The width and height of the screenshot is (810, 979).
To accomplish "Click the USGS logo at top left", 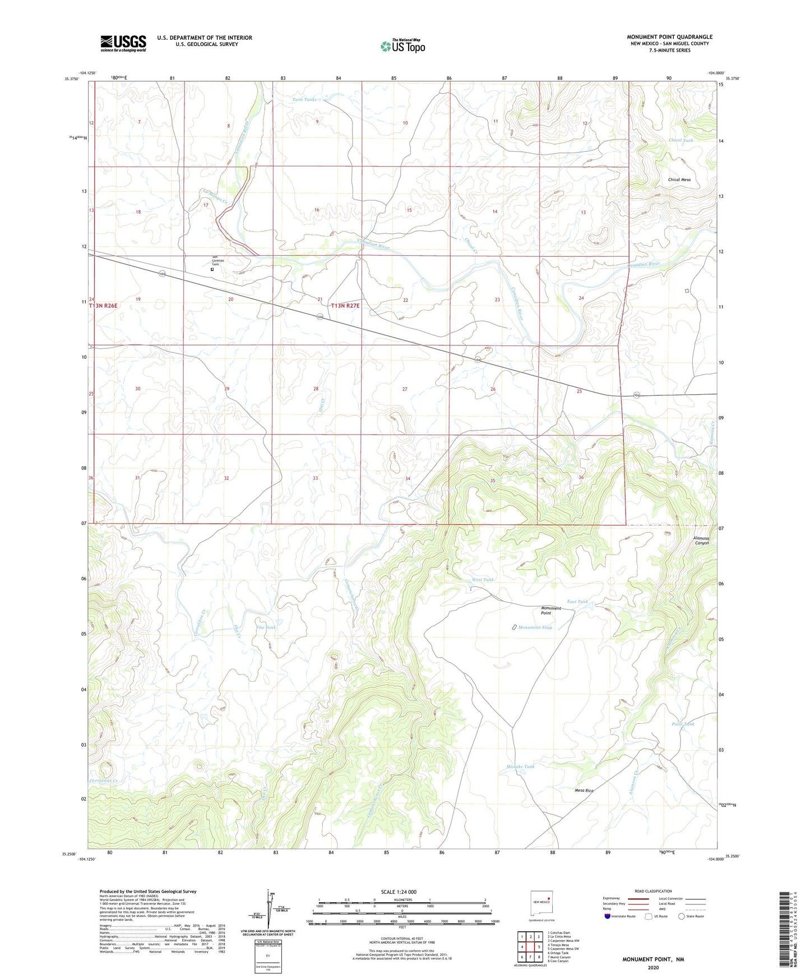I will (123, 43).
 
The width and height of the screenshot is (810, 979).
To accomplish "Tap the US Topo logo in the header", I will (402, 46).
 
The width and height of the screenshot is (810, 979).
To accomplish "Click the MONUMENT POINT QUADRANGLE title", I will (669, 37).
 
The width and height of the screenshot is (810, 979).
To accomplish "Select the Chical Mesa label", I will (679, 180).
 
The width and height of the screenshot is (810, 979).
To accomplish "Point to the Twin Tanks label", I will (304, 99).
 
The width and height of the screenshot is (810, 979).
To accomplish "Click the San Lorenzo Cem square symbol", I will (212, 269).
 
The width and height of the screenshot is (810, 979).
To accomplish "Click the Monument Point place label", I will (550, 611).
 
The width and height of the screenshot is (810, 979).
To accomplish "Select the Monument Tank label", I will (535, 627).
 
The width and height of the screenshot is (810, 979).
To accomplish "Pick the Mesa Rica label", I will (584, 791).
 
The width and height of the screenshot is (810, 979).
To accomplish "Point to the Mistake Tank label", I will (520, 766).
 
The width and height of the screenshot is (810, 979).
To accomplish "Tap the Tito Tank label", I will (266, 627).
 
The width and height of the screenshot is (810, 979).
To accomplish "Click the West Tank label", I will (483, 580).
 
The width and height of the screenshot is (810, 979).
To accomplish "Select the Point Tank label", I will (683, 724).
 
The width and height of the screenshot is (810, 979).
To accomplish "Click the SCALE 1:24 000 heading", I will (398, 892).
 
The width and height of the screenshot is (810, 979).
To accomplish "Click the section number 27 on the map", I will (405, 389).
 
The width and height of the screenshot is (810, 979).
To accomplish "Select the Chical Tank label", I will (681, 140).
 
